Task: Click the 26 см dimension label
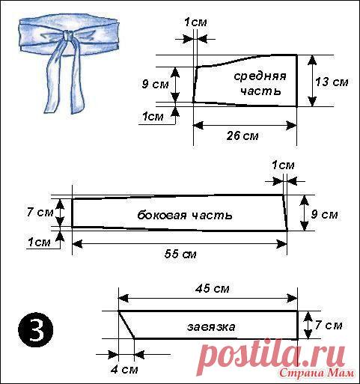(242, 136)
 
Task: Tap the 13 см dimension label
(332, 82)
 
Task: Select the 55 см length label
(180, 254)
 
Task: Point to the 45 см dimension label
(213, 289)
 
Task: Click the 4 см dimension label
(124, 369)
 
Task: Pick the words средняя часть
(260, 84)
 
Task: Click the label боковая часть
(185, 215)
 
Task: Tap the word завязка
(211, 326)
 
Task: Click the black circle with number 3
(36, 329)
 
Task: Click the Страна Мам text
(317, 374)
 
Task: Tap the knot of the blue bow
(67, 36)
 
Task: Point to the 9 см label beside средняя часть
(155, 84)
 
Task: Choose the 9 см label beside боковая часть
(324, 214)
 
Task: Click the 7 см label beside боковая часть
(40, 213)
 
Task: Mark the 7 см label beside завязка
(329, 325)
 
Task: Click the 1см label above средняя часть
(195, 22)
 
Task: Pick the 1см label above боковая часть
(283, 165)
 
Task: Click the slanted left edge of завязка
(126, 325)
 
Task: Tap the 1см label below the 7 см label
(39, 243)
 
